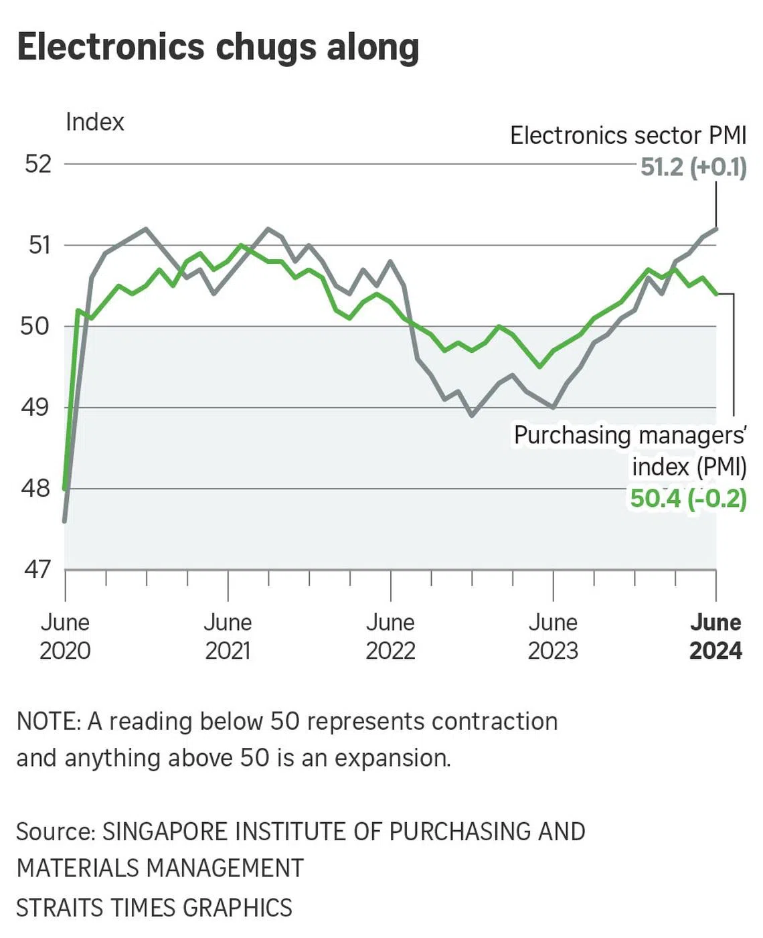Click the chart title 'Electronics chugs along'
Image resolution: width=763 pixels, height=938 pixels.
tap(218, 48)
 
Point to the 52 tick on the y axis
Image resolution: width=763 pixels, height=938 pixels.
tap(38, 164)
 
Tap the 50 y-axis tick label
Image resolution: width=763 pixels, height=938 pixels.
tap(36, 326)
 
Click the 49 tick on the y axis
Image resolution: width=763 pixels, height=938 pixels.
tap(36, 407)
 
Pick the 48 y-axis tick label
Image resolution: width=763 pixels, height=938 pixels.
tap(36, 488)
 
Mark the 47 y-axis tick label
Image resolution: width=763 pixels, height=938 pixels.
tap(37, 569)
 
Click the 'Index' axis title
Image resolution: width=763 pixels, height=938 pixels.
tap(95, 122)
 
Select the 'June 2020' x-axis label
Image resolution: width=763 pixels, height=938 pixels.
tap(65, 636)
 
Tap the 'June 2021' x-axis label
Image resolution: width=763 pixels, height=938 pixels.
tap(228, 636)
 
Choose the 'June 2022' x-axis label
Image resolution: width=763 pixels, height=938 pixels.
tap(390, 636)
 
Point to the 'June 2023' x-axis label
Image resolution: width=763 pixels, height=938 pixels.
tap(553, 636)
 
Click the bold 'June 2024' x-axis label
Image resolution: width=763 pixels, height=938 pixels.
tap(715, 636)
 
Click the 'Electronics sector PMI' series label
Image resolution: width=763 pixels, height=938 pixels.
tap(628, 135)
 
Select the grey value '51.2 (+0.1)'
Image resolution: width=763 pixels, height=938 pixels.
tap(693, 167)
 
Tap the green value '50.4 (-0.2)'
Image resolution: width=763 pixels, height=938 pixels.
tap(688, 498)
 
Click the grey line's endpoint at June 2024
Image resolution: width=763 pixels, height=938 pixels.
tap(717, 229)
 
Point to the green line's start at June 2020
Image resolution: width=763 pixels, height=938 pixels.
tap(65, 489)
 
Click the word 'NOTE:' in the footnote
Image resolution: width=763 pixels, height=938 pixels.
tap(49, 722)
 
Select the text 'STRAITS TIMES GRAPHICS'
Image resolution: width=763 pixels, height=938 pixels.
tap(154, 908)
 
